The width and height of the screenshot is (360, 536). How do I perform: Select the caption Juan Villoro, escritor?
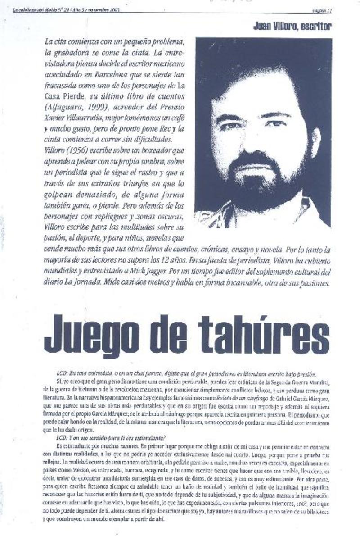(x=292, y=27)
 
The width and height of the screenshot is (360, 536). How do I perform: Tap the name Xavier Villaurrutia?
(x=74, y=118)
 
